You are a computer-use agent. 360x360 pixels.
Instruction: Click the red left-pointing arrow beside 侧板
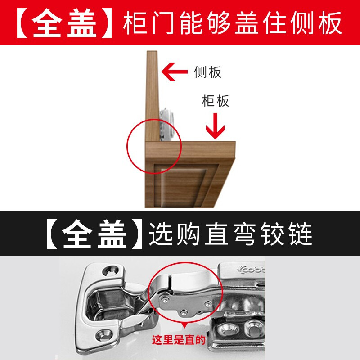(x=174, y=72)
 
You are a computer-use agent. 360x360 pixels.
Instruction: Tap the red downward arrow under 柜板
(x=215, y=126)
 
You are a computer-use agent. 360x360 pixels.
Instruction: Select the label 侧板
(x=208, y=72)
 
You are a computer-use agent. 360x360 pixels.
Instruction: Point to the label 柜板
(x=216, y=101)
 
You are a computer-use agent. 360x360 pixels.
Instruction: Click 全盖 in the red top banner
(x=64, y=23)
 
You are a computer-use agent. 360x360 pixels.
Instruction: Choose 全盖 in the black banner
(x=94, y=234)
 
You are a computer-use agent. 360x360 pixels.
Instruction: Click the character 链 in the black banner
(x=301, y=234)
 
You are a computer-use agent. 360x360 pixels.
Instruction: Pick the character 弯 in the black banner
(x=245, y=234)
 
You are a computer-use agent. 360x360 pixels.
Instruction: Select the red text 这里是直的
(x=179, y=340)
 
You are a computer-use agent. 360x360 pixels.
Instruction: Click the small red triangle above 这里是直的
(x=185, y=325)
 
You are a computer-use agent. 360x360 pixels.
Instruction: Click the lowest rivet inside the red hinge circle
(x=184, y=312)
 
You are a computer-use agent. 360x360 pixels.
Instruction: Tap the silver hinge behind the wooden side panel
(x=166, y=125)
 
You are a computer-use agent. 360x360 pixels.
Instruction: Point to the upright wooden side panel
(x=152, y=96)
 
